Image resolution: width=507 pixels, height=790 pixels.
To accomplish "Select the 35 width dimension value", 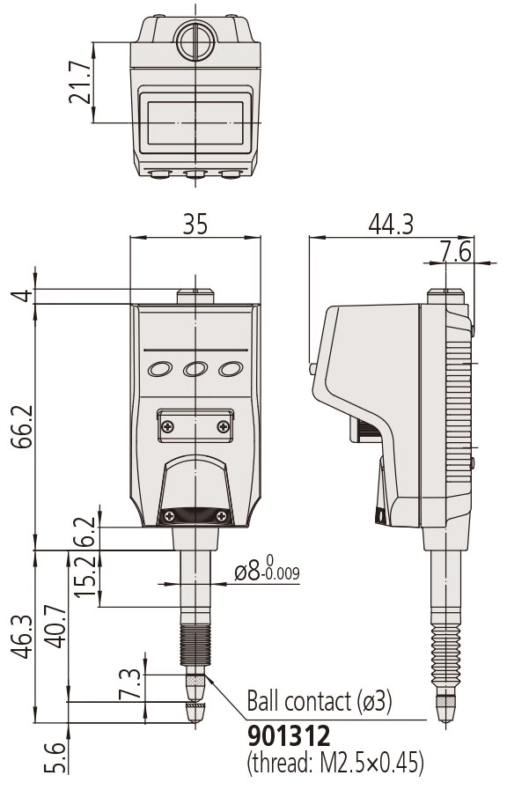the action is (x=195, y=225).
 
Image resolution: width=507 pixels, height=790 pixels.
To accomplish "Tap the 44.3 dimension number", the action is (x=391, y=225).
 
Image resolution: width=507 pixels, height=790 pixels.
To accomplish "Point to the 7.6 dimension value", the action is (x=456, y=252).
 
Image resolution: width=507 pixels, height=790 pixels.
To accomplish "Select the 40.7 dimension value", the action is (x=56, y=626).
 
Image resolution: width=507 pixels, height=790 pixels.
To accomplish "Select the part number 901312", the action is (x=289, y=736).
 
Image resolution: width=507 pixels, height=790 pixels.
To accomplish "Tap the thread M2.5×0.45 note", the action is (x=334, y=764).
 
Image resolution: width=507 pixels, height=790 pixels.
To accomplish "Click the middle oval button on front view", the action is (x=195, y=369).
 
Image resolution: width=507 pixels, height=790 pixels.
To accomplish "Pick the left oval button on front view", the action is (x=160, y=369).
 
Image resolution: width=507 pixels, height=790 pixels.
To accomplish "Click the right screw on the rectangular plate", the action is (x=223, y=427).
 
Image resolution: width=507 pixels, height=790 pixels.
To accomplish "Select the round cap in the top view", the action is (x=195, y=41).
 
